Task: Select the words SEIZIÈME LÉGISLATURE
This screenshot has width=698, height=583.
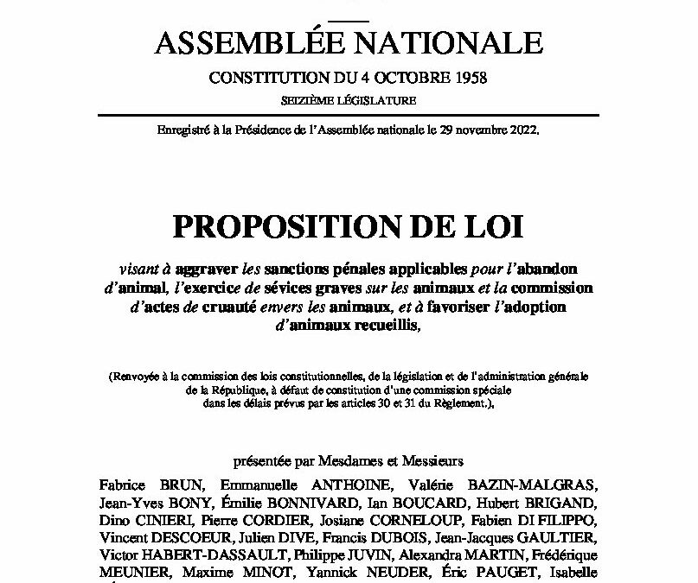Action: (349, 101)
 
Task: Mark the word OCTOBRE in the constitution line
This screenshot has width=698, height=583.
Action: (405, 78)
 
